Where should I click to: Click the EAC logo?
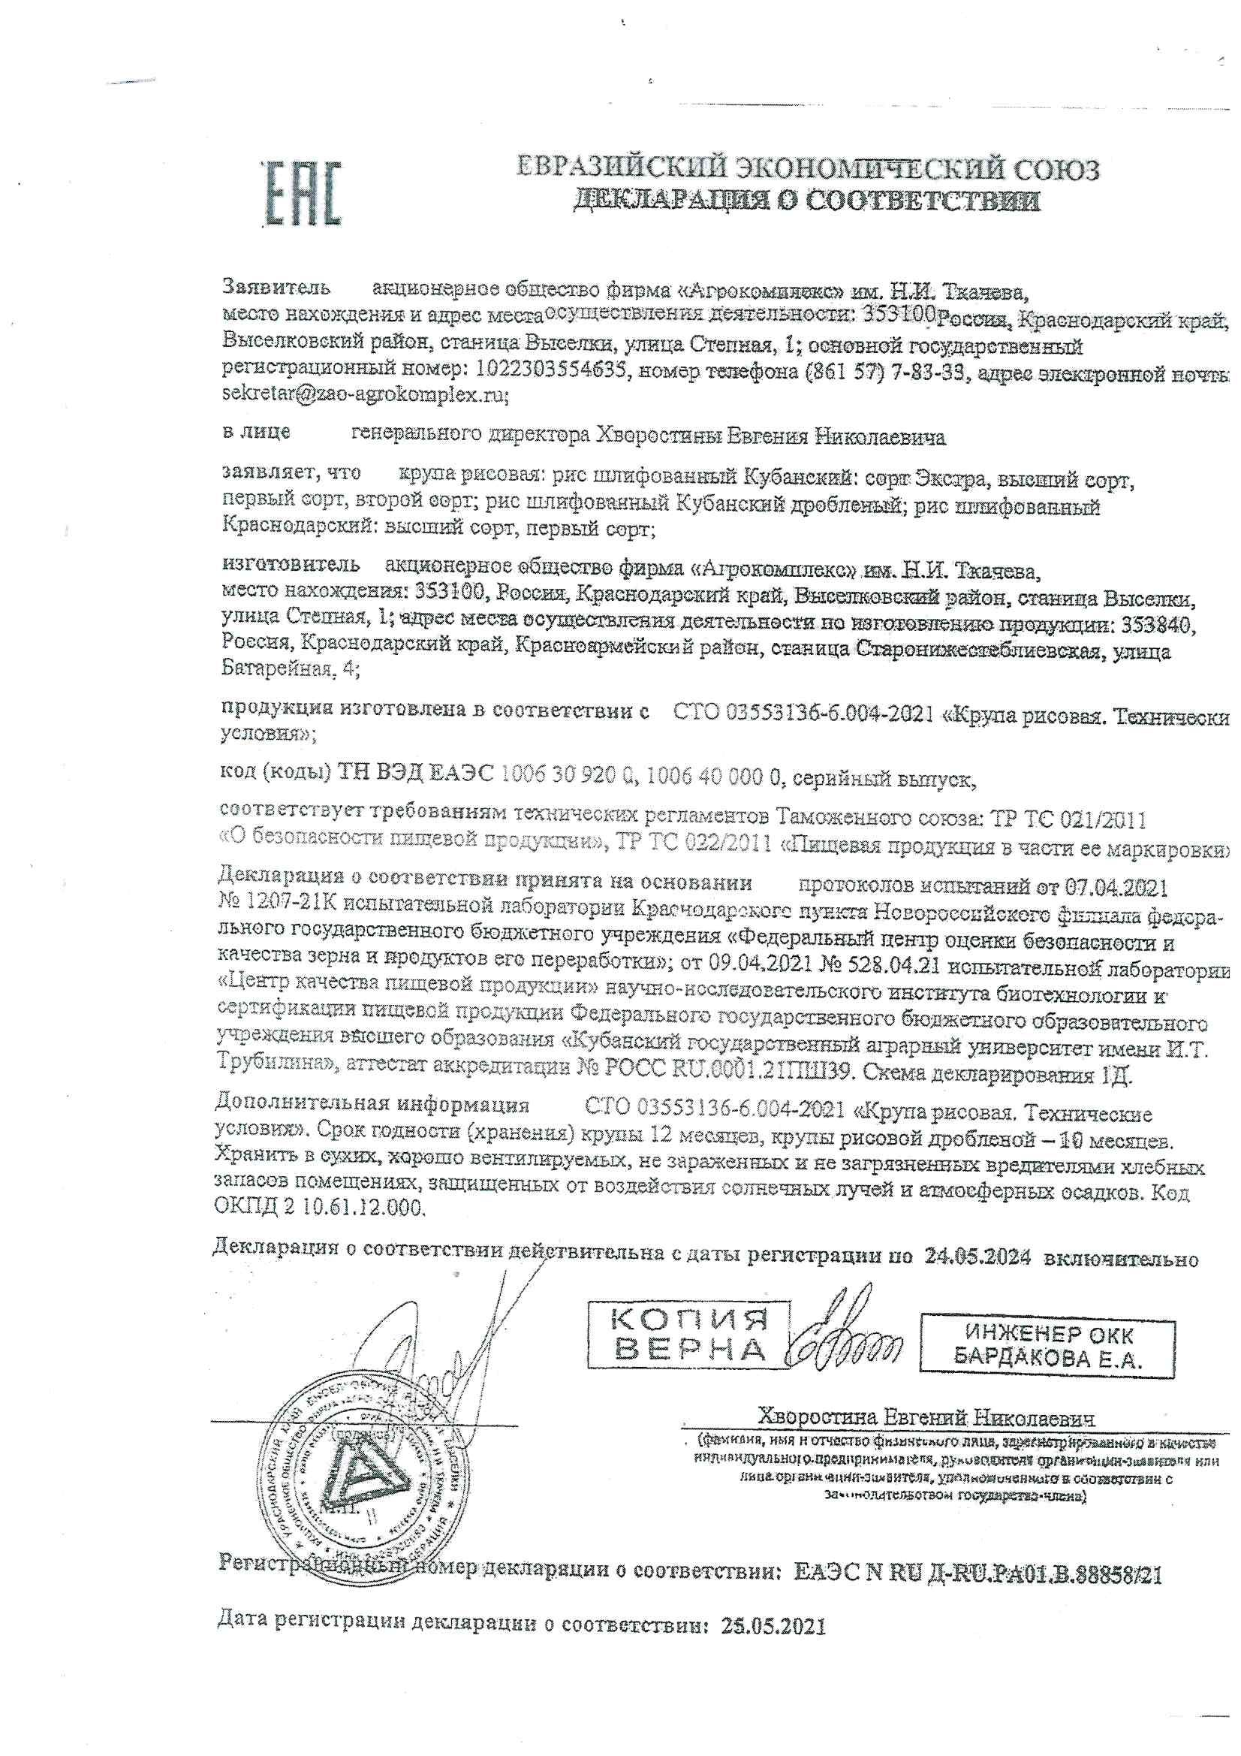click(x=301, y=194)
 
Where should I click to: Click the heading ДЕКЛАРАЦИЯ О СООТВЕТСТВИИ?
click(x=807, y=201)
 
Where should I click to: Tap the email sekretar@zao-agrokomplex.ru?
click(x=364, y=395)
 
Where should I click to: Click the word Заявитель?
click(x=276, y=288)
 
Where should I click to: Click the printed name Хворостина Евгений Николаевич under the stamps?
click(x=926, y=1417)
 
